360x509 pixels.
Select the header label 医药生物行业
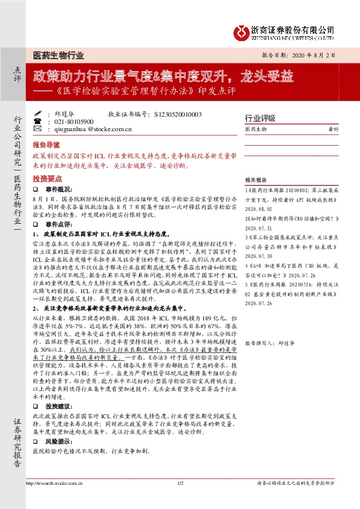tap(57, 55)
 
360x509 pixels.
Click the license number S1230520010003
tap(178, 113)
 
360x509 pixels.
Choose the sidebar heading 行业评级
tap(260, 117)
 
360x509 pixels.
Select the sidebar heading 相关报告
tap(257, 180)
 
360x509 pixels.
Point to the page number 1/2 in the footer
tap(180, 483)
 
